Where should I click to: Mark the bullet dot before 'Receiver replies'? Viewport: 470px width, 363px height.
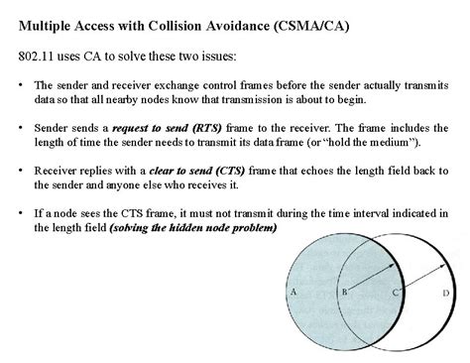pyautogui.click(x=22, y=171)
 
